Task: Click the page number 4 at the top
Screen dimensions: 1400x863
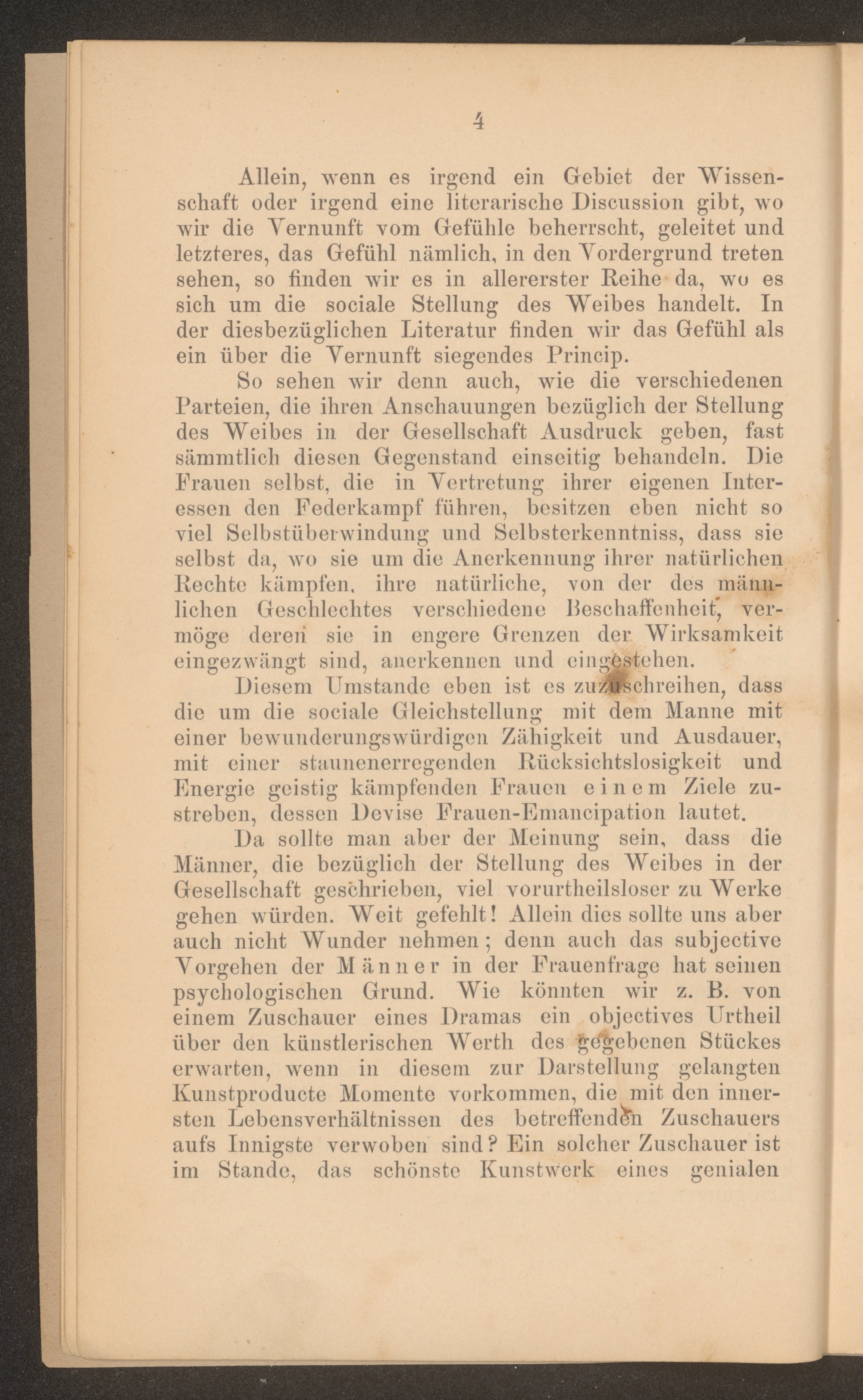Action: point(478,121)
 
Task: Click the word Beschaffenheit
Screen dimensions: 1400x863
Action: point(641,609)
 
